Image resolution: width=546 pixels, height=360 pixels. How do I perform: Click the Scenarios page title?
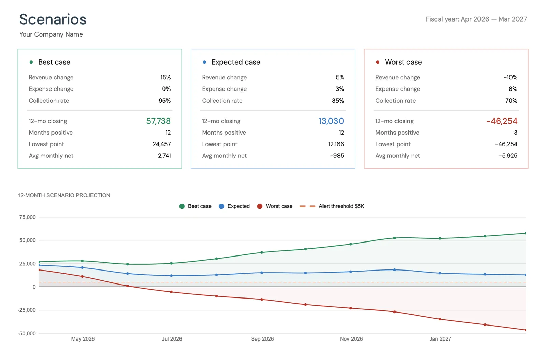[x=53, y=19]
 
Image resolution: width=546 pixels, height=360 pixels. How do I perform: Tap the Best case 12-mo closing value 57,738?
[x=158, y=121]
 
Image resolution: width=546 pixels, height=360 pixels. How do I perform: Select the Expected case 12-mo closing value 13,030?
[x=331, y=121]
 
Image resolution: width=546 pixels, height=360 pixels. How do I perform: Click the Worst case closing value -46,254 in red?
[x=502, y=121]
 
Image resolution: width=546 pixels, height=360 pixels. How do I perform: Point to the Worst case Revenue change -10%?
[x=511, y=77]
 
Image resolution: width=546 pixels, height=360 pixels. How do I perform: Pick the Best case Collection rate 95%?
[x=164, y=101]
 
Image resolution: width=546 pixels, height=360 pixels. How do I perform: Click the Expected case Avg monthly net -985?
[x=337, y=156]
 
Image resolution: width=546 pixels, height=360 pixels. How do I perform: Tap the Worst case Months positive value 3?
[x=515, y=133]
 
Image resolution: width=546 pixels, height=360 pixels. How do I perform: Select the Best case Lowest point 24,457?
[x=161, y=144]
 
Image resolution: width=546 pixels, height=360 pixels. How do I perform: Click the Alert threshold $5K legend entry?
[x=341, y=206]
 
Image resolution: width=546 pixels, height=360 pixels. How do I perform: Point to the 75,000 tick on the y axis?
[x=28, y=217]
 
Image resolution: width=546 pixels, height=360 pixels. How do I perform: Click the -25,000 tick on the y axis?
[x=27, y=310]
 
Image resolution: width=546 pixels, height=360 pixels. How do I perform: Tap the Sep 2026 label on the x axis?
[x=262, y=339]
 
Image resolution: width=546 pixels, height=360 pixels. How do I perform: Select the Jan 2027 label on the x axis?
[x=440, y=339]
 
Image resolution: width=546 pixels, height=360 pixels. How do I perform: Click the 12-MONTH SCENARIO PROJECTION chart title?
[x=64, y=195]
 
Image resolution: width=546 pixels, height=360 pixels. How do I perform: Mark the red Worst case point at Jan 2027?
[x=440, y=319]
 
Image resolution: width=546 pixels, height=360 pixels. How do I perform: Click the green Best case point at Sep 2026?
[x=262, y=253]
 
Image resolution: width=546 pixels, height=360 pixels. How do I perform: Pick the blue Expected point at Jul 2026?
[x=171, y=276]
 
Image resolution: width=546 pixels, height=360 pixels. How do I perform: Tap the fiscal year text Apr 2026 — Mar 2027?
[x=476, y=19]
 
